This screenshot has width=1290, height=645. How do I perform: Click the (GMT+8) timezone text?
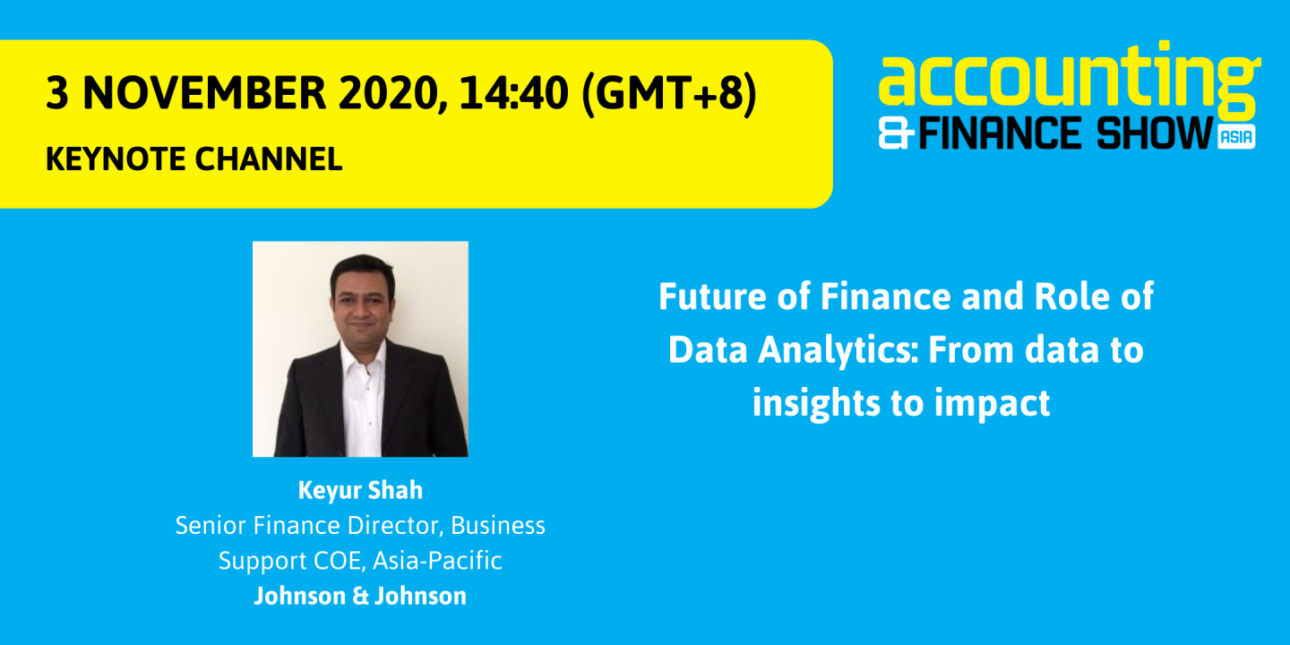tap(668, 93)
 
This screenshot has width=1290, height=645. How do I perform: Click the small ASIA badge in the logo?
tap(1236, 136)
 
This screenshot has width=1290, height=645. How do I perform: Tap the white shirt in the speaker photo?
tap(362, 394)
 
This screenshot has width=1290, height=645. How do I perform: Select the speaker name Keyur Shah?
tap(360, 491)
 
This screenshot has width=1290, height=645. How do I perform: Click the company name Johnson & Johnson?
tap(360, 596)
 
